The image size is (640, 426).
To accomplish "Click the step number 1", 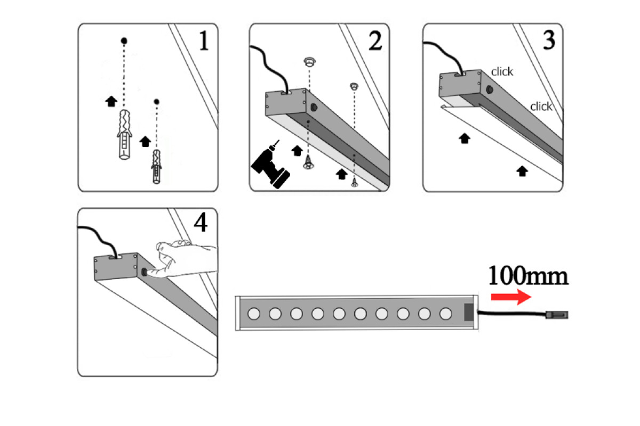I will coord(203,41).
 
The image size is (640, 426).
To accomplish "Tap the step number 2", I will coord(375,41).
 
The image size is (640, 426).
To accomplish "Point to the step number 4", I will coord(200,224).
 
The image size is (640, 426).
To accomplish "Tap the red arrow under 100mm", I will coord(510,297).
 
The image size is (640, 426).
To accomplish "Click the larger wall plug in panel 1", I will coord(124,136).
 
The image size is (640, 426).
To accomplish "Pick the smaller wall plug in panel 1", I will coord(156,166).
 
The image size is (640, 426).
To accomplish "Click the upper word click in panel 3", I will coord(502,72).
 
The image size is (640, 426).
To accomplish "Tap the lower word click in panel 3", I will coord(541,106).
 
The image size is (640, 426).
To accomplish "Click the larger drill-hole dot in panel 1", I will coord(124,40).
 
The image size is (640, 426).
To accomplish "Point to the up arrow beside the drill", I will coord(297,151).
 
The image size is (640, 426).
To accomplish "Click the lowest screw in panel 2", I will coord(354,183).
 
